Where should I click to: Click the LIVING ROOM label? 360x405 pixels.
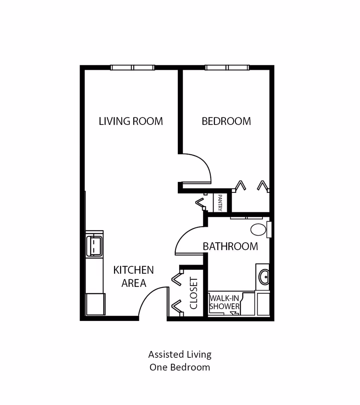click(x=130, y=121)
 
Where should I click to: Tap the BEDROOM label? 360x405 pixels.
click(x=226, y=121)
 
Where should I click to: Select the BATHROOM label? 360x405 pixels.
click(x=230, y=246)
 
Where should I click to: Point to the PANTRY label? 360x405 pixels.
click(x=220, y=202)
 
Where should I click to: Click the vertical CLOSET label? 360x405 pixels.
click(x=194, y=293)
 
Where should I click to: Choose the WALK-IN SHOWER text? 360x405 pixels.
click(x=224, y=302)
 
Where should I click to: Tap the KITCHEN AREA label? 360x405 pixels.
click(x=133, y=276)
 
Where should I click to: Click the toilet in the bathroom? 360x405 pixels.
click(x=259, y=229)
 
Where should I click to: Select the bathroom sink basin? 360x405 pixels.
click(x=264, y=277)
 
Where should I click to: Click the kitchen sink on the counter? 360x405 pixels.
click(x=94, y=246)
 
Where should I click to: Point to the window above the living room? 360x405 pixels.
click(x=132, y=67)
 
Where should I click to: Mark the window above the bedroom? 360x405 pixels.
click(x=227, y=67)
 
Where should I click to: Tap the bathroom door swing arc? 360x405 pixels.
click(x=187, y=240)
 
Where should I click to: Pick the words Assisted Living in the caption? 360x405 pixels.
click(x=180, y=354)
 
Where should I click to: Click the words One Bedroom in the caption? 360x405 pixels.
click(x=180, y=367)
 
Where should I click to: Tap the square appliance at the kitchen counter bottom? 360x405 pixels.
click(x=96, y=304)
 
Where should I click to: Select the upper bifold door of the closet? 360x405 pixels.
click(x=177, y=279)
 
